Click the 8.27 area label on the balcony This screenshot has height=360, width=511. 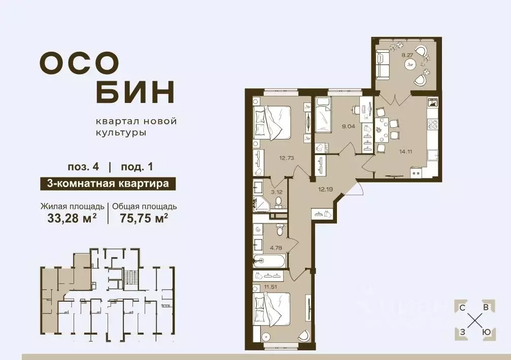click(407, 55)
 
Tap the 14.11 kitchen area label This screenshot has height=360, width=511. click(406, 151)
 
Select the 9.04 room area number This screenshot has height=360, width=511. click(348, 126)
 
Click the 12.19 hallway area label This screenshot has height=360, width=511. click(325, 189)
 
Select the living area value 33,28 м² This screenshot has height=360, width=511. click(72, 218)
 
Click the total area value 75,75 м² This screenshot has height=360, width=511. click(144, 218)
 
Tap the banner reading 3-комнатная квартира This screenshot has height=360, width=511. click(108, 184)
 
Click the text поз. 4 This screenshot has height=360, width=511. click(83, 167)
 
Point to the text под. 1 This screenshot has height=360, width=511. click(137, 167)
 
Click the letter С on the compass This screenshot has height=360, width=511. click(462, 308)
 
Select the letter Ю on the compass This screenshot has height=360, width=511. click(486, 332)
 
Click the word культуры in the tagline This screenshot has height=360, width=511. click(121, 133)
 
